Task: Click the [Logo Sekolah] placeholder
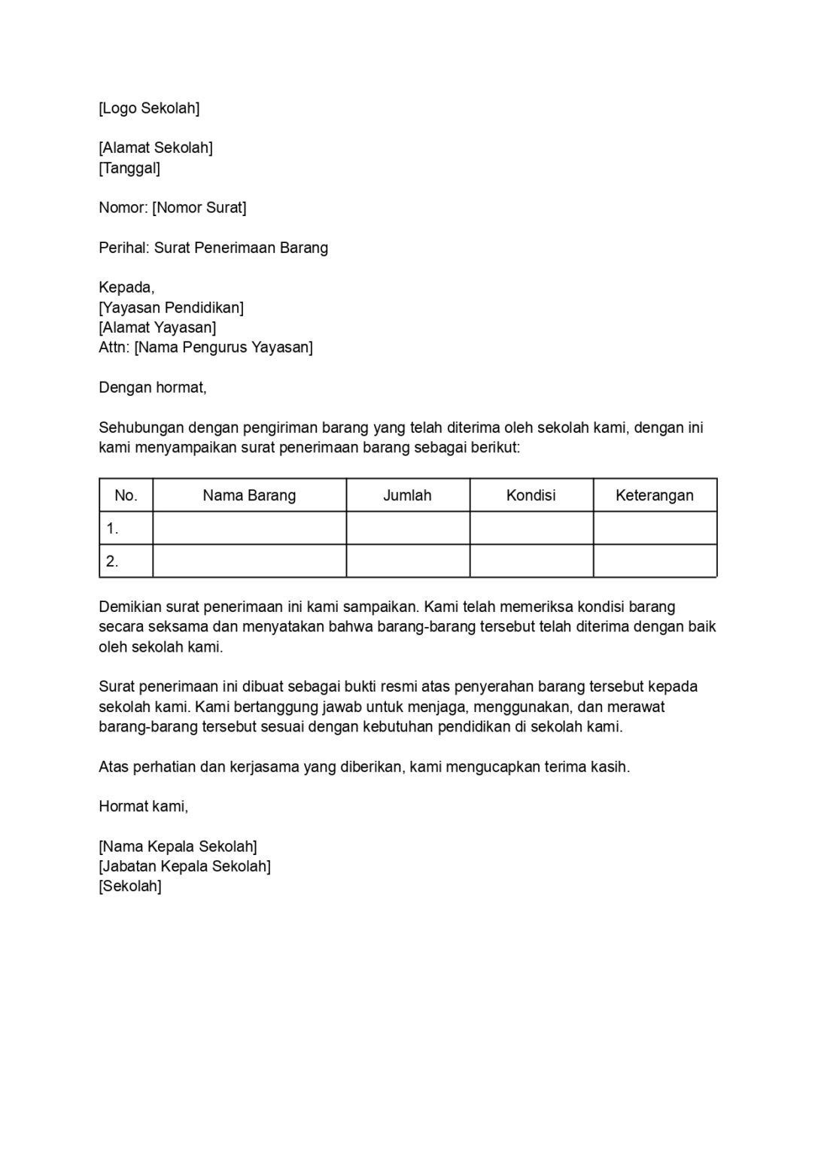click(x=149, y=108)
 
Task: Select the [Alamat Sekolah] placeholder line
click(x=156, y=148)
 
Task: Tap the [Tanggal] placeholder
click(x=129, y=168)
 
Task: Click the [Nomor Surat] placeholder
click(x=199, y=208)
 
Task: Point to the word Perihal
click(x=123, y=248)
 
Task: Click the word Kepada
click(x=126, y=287)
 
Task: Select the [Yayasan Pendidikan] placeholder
click(x=171, y=308)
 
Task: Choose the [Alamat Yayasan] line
click(x=157, y=327)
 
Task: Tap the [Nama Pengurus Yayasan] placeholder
click(x=224, y=347)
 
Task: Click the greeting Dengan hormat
click(x=152, y=388)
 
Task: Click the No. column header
click(x=126, y=495)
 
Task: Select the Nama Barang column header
click(x=249, y=495)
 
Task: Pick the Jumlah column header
click(x=407, y=495)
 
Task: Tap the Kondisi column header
click(x=531, y=495)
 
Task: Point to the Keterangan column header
click(x=654, y=495)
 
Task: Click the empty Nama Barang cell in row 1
click(x=249, y=528)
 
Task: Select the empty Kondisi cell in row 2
click(x=531, y=561)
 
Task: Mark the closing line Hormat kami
click(x=143, y=807)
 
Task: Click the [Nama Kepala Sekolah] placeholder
click(x=178, y=847)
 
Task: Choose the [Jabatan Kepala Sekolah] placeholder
click(x=184, y=866)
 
